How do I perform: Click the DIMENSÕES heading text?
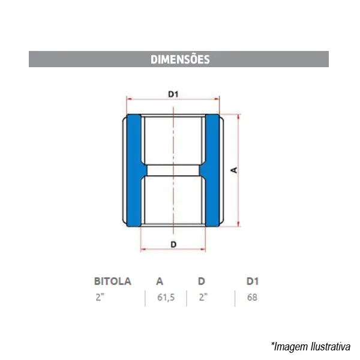180,59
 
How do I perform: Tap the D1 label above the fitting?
173,94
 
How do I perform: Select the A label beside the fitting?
234,170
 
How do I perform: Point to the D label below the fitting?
173,244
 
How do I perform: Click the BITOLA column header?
113,281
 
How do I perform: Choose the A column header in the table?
160,281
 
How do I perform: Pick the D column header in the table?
202,281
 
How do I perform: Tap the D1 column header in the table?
253,281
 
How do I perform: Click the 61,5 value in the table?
166,298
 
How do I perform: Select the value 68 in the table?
252,298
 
